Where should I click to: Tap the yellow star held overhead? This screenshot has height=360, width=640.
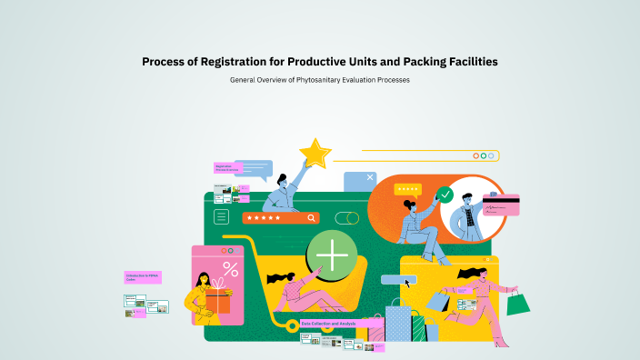tap(315, 153)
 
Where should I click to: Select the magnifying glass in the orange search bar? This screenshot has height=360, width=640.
tap(312, 218)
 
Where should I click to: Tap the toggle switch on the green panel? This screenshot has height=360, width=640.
tap(346, 218)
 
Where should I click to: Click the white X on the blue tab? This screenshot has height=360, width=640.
tap(370, 177)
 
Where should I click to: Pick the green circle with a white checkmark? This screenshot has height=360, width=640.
tap(445, 195)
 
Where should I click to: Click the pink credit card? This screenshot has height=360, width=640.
tap(500, 205)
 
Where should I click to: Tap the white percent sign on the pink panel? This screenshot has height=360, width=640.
tap(231, 269)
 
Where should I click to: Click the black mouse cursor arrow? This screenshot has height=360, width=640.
tap(408, 283)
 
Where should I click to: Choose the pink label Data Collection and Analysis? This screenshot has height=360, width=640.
tap(330, 324)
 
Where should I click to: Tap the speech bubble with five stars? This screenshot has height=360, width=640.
tap(408, 190)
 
